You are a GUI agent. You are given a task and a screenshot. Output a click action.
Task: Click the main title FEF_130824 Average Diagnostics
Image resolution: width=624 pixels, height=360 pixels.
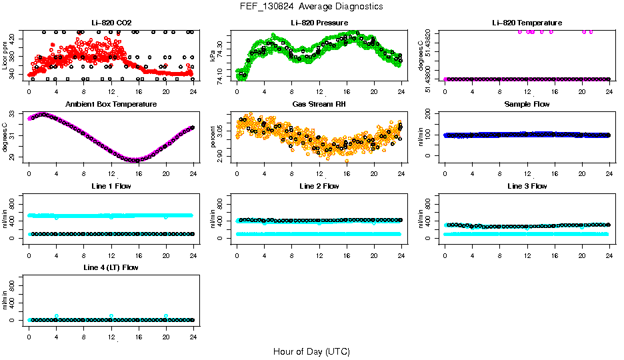[x=312, y=6]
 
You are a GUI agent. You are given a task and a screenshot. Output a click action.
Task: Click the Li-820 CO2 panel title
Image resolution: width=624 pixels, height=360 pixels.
[x=111, y=23]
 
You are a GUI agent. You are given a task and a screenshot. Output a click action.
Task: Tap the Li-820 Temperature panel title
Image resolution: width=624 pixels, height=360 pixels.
[x=527, y=23]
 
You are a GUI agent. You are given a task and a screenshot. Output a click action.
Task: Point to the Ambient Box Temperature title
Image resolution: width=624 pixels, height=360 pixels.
[x=111, y=105]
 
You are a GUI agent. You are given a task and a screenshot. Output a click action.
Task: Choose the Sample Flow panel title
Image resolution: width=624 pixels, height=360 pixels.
[x=527, y=105]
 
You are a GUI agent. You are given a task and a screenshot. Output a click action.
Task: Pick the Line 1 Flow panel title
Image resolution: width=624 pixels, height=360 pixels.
[x=111, y=186]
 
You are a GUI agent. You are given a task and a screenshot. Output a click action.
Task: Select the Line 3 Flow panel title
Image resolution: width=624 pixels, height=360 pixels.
[x=527, y=186]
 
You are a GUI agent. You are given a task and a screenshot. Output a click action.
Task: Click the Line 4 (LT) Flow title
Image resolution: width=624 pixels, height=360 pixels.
[x=111, y=267]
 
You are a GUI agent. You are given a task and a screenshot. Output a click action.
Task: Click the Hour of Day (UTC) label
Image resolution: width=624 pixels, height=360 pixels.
[x=311, y=351]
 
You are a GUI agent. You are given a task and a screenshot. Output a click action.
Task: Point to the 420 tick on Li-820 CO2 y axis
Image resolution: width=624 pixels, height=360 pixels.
[x=15, y=39]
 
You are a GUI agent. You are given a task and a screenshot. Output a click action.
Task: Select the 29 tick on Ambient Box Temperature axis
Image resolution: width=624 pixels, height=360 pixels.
[x=15, y=157]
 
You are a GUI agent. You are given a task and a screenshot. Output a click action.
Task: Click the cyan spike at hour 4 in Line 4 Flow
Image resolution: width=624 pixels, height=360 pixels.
[x=57, y=315]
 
